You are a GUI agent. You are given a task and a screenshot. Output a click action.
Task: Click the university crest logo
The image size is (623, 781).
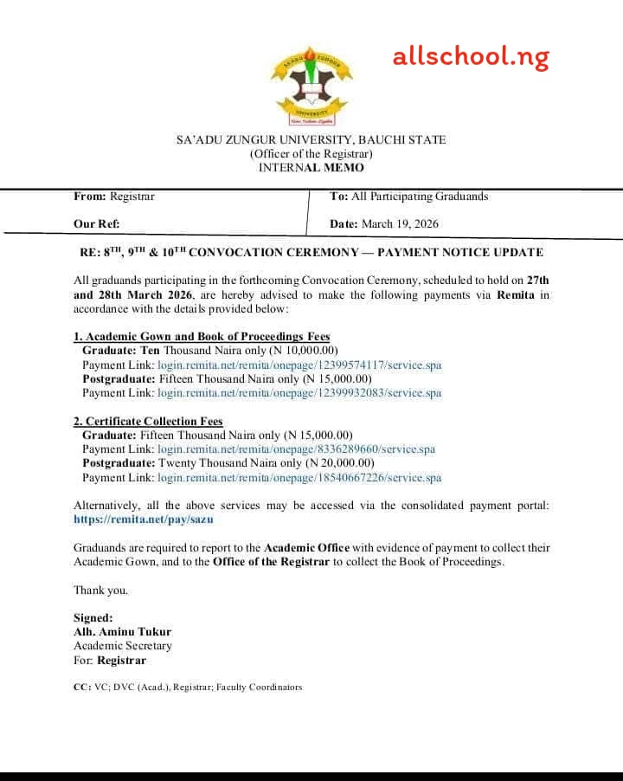tap(311, 87)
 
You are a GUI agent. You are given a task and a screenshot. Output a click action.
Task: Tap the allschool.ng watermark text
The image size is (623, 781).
tap(471, 57)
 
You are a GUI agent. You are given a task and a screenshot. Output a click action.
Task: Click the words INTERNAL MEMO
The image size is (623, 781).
tap(311, 168)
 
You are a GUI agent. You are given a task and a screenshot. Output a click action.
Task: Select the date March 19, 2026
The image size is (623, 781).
tap(400, 224)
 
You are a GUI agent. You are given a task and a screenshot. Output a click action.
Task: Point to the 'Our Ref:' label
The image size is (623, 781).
tap(97, 224)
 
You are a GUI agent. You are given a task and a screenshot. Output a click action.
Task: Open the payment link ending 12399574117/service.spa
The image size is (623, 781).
tap(299, 365)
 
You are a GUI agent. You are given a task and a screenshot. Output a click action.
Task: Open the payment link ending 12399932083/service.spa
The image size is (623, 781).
tap(299, 393)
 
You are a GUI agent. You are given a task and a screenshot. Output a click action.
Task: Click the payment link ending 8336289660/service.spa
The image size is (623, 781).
tap(296, 449)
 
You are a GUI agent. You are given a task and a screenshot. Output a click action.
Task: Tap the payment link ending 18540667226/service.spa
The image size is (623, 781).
tap(299, 478)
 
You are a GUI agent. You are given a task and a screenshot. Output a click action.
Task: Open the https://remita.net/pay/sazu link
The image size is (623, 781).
tap(143, 520)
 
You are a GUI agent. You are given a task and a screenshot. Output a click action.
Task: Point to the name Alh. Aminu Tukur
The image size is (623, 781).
tap(122, 632)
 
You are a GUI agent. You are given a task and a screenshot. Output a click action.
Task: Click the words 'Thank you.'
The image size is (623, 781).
tap(100, 591)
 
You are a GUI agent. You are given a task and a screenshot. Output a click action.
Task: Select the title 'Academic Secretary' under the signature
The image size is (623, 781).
tap(122, 646)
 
